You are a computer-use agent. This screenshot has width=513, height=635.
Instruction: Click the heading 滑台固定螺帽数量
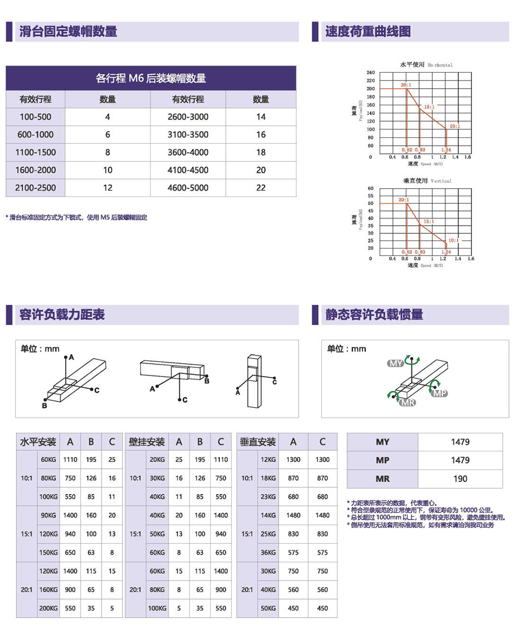coord(68,31)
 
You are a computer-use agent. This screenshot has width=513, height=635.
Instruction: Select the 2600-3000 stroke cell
coord(188,117)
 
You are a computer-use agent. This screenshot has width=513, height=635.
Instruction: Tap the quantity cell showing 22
coord(261,188)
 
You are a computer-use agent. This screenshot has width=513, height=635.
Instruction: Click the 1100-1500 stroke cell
coord(35,152)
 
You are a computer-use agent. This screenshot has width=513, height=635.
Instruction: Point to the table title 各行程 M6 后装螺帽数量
coord(151,78)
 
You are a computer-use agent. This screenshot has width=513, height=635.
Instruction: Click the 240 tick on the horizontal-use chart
coord(370,73)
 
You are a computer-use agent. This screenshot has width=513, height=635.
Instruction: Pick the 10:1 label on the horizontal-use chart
coord(455,126)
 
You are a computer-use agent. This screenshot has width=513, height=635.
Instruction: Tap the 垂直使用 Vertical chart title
coord(427,181)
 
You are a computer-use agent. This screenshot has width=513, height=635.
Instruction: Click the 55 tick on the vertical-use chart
coord(370,196)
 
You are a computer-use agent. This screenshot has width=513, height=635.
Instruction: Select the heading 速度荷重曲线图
coord(368,31)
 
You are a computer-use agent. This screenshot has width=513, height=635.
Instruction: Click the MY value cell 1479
coord(460,442)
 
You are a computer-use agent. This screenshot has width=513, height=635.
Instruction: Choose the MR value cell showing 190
coord(460,479)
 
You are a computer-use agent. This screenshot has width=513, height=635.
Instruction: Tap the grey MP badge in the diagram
coord(440,393)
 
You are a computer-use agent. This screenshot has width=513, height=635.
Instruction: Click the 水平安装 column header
coord(38,442)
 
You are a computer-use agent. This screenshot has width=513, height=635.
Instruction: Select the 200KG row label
coord(49,608)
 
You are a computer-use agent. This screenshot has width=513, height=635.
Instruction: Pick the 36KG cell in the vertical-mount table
coord(268,552)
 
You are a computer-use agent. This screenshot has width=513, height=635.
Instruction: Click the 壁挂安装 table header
coord(147,442)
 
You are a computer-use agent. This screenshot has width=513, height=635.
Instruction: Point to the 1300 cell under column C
coord(322,460)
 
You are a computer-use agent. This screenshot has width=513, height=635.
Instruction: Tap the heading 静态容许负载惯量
coord(374,314)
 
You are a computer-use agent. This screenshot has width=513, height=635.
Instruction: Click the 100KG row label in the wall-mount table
coord(157,608)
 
